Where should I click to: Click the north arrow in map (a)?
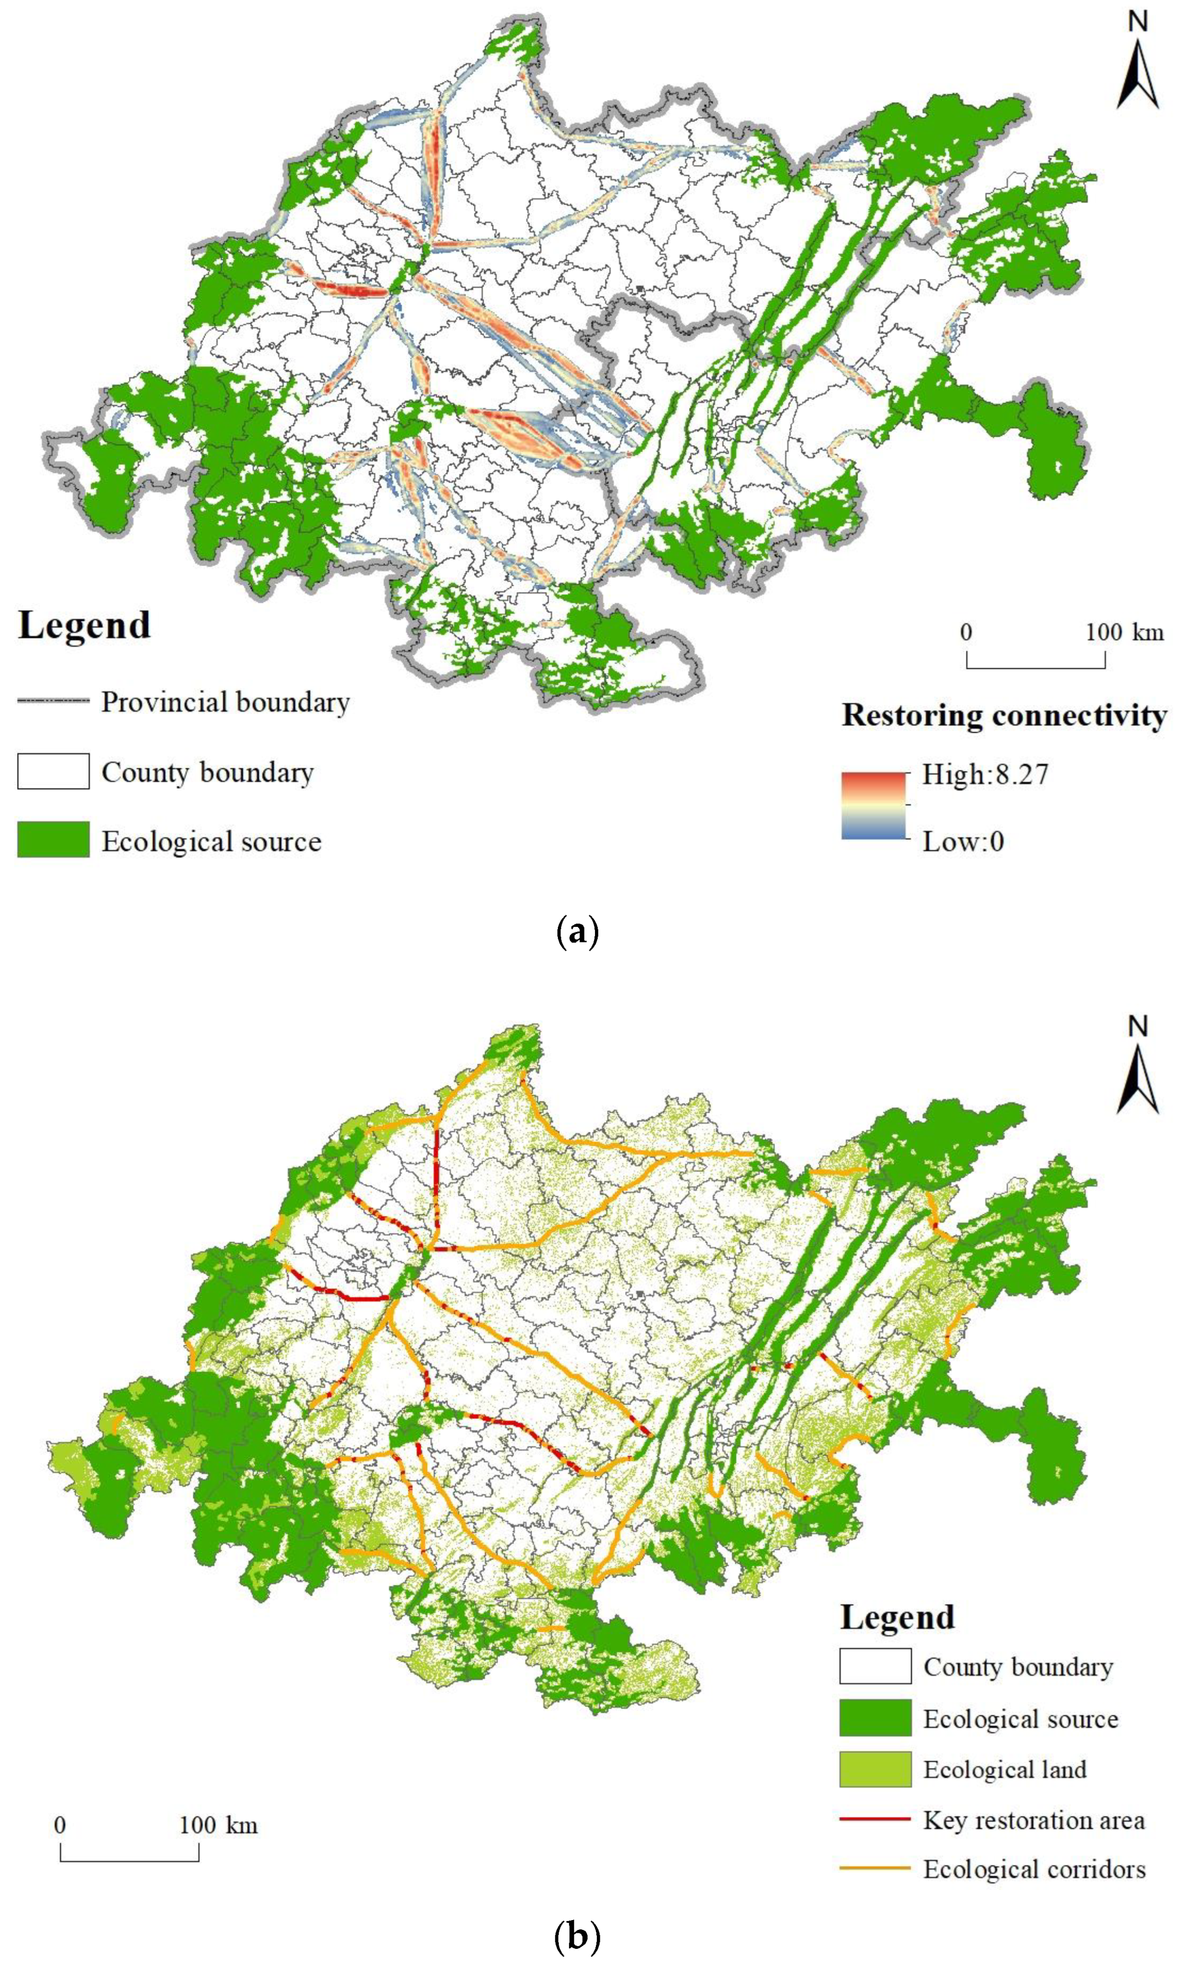tap(1138, 72)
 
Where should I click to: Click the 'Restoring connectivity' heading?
tap(1003, 716)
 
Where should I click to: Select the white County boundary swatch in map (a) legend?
tap(53, 771)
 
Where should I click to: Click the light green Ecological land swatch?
tap(875, 1769)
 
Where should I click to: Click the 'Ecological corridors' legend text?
tap(1034, 1869)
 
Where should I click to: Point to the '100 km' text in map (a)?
tap(1124, 633)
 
